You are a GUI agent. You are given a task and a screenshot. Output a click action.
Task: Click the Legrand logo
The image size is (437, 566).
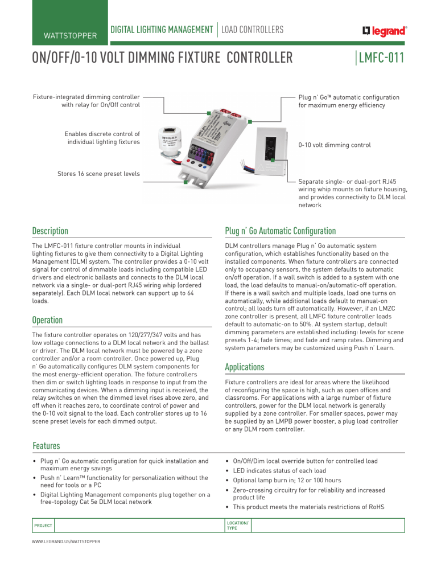click(x=384, y=31)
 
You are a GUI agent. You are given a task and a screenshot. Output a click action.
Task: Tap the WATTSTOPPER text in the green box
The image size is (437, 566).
click(x=71, y=36)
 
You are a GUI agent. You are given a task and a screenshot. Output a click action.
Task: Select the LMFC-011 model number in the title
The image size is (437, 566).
click(x=381, y=58)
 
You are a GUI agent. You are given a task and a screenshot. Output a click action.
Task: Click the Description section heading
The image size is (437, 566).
click(x=50, y=231)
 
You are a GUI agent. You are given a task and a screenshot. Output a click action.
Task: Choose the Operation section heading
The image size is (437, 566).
click(x=47, y=320)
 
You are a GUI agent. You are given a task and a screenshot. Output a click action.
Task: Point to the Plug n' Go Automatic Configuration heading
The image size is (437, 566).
click(x=281, y=231)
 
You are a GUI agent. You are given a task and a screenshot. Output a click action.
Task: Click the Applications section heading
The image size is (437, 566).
click(x=245, y=367)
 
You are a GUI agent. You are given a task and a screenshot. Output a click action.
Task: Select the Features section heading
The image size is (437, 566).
click(x=46, y=446)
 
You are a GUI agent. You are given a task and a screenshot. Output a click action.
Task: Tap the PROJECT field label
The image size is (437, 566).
click(x=43, y=526)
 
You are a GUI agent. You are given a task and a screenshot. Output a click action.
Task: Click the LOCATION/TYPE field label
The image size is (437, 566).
click(x=237, y=526)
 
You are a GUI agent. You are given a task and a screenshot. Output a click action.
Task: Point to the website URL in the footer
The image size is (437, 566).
click(x=66, y=542)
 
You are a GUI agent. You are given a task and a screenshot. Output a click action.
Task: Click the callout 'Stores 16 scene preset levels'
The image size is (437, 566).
click(x=98, y=174)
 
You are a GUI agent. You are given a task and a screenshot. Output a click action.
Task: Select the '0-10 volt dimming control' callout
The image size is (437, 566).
click(x=335, y=145)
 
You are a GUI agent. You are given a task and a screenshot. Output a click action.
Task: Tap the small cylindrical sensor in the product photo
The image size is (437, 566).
click(x=170, y=142)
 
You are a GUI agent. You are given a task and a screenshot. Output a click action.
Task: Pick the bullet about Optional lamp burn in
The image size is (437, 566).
click(x=287, y=481)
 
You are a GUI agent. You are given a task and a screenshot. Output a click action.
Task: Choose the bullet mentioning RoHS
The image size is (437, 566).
click(x=308, y=507)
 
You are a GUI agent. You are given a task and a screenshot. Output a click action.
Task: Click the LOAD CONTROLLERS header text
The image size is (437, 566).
click(x=253, y=30)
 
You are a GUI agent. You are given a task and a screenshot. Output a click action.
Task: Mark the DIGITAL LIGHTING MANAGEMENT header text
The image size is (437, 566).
click(x=162, y=30)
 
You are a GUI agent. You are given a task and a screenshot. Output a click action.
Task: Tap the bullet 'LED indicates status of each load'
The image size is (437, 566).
click(x=279, y=471)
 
